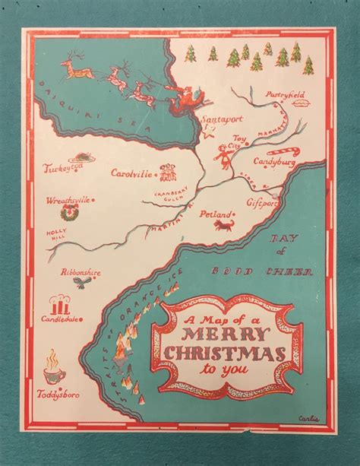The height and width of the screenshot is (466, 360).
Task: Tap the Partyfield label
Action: pos(285,94)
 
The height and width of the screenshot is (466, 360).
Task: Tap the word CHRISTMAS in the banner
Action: pos(220,354)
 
